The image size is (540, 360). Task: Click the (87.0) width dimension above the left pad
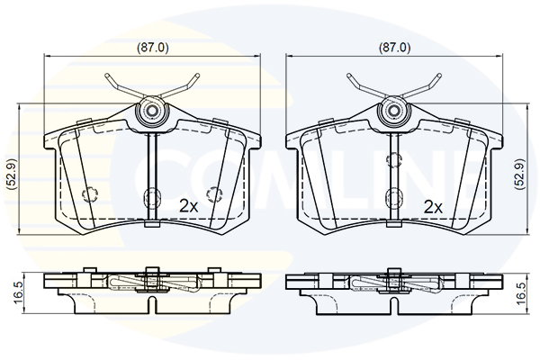pyautogui.click(x=153, y=48)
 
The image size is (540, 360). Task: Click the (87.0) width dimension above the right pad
pyautogui.click(x=395, y=48)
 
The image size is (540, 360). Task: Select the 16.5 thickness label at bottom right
pyautogui.click(x=521, y=293)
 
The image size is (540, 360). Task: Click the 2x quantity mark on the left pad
pyautogui.click(x=189, y=206)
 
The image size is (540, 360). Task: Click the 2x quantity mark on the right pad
pyautogui.click(x=433, y=207)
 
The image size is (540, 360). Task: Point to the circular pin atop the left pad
pyautogui.click(x=151, y=111)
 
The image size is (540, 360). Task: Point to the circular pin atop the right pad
pyautogui.click(x=393, y=111)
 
